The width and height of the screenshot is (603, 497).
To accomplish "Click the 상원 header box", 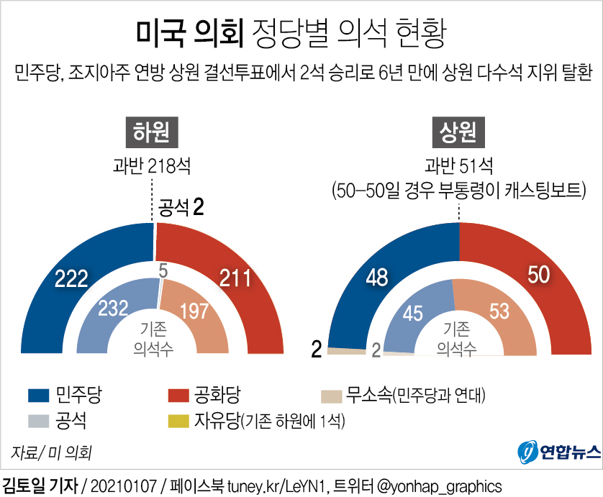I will pyautogui.click(x=458, y=132).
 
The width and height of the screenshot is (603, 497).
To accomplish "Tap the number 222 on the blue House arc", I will pyautogui.click(x=71, y=278).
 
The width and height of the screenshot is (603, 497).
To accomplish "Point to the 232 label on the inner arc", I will pyautogui.click(x=113, y=309).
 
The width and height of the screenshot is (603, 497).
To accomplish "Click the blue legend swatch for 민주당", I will pyautogui.click(x=39, y=395).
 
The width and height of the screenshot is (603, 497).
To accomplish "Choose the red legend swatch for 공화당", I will pyautogui.click(x=178, y=395).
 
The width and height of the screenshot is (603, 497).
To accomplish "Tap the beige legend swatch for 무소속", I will pyautogui.click(x=330, y=395).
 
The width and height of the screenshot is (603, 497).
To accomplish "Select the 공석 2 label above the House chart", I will pyautogui.click(x=183, y=209).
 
